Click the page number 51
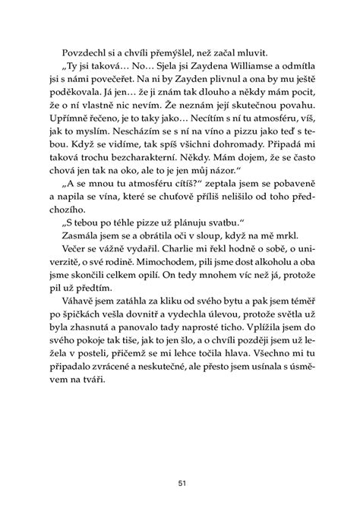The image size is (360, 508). [x=179, y=481]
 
